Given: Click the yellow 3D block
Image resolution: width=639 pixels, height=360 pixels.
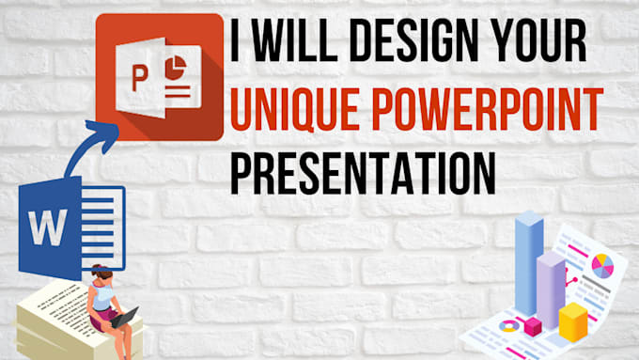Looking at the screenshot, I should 572,321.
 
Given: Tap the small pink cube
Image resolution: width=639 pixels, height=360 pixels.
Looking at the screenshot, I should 534,326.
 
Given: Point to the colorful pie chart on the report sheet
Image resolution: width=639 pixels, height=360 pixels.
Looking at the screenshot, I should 601,266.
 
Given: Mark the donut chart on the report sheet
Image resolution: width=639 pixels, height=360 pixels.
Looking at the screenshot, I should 509,326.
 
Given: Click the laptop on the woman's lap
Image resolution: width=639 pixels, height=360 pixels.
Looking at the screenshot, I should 122,319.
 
